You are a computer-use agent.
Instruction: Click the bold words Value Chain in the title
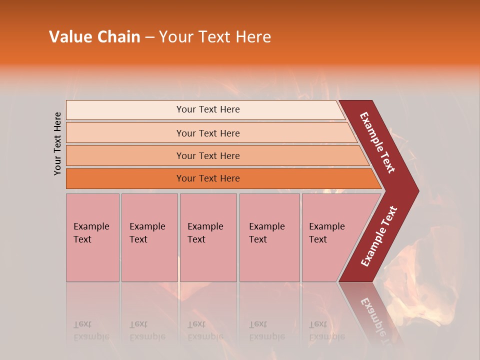tap(94, 37)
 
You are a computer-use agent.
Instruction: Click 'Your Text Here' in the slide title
tap(215, 37)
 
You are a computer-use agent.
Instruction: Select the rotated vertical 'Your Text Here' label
tap(57, 143)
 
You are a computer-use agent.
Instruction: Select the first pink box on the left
tap(92, 237)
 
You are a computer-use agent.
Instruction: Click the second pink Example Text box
tap(149, 237)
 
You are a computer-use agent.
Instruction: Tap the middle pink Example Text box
tap(208, 237)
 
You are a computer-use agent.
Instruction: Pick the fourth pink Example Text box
tap(269, 237)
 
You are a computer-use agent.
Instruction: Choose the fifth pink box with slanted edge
tap(330, 237)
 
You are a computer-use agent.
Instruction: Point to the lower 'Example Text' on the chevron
tap(379, 236)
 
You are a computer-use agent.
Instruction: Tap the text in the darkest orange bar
tap(208, 178)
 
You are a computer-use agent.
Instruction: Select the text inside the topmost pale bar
tap(208, 109)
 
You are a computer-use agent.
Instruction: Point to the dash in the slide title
tap(149, 37)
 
